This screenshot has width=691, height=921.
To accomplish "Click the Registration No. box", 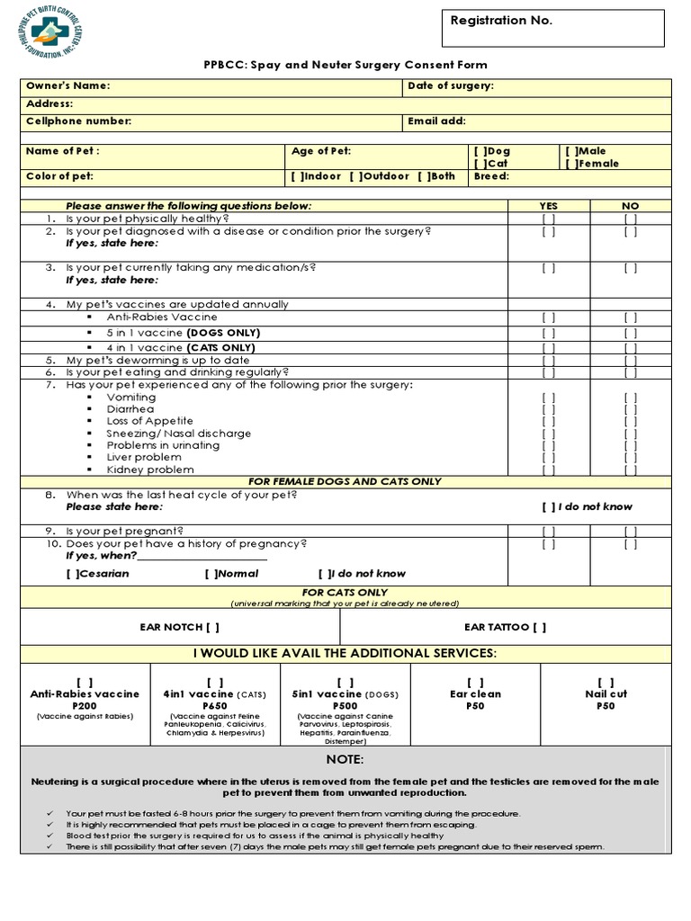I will (552, 24).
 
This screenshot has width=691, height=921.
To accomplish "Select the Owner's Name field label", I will (68, 86).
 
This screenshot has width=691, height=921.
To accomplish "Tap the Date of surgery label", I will (450, 86).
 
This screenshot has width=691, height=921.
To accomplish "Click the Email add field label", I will (436, 121).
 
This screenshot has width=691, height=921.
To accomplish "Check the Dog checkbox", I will (480, 152).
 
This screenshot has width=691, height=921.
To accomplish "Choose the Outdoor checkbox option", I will (355, 176).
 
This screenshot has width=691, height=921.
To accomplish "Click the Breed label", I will (491, 176).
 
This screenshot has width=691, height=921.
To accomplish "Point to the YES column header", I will (548, 206).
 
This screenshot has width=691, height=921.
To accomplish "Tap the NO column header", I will (630, 206).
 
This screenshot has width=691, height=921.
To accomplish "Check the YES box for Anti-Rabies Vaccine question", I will (548, 317).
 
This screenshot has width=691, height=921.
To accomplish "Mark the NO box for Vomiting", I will (630, 397).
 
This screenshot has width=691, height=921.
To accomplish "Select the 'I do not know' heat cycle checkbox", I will (548, 506).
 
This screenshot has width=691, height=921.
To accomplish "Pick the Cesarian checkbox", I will (72, 573).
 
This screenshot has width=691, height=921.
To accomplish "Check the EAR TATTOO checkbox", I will (539, 627).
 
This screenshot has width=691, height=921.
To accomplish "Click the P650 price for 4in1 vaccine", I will (215, 706).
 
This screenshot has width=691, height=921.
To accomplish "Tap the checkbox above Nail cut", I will (606, 683).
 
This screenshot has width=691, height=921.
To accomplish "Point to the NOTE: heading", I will (345, 760).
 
